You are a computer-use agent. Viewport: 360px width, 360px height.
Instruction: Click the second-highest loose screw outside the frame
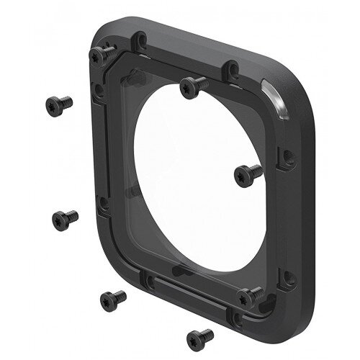(65, 217)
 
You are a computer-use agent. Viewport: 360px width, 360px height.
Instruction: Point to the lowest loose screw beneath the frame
(199, 335)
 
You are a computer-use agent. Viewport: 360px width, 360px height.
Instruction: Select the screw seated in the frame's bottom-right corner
(252, 294)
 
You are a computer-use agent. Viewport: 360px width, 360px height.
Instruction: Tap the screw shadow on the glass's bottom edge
(181, 268)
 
